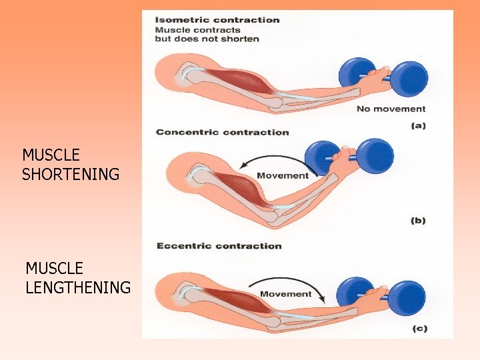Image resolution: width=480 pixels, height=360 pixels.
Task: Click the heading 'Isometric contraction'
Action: pos(217,19)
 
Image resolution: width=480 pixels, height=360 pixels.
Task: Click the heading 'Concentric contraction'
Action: pos(223,132)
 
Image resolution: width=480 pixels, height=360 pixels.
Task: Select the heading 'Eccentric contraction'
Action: pos(219,246)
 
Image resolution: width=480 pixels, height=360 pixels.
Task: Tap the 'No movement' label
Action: pos(391,109)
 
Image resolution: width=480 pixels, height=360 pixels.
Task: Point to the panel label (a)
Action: pos(418,125)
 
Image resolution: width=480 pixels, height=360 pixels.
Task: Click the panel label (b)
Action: pos(418,221)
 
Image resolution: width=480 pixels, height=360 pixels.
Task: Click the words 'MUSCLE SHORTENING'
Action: pos(70,165)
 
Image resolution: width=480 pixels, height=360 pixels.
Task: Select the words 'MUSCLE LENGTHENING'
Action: pos(77,278)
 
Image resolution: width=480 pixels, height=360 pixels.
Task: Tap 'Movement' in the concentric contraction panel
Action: pos(283,176)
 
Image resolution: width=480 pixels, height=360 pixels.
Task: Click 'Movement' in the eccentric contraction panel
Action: pos(286,294)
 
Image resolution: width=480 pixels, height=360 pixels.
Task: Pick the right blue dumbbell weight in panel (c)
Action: pos(407,297)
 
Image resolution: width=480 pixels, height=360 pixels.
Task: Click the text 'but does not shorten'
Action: pos(207,39)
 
